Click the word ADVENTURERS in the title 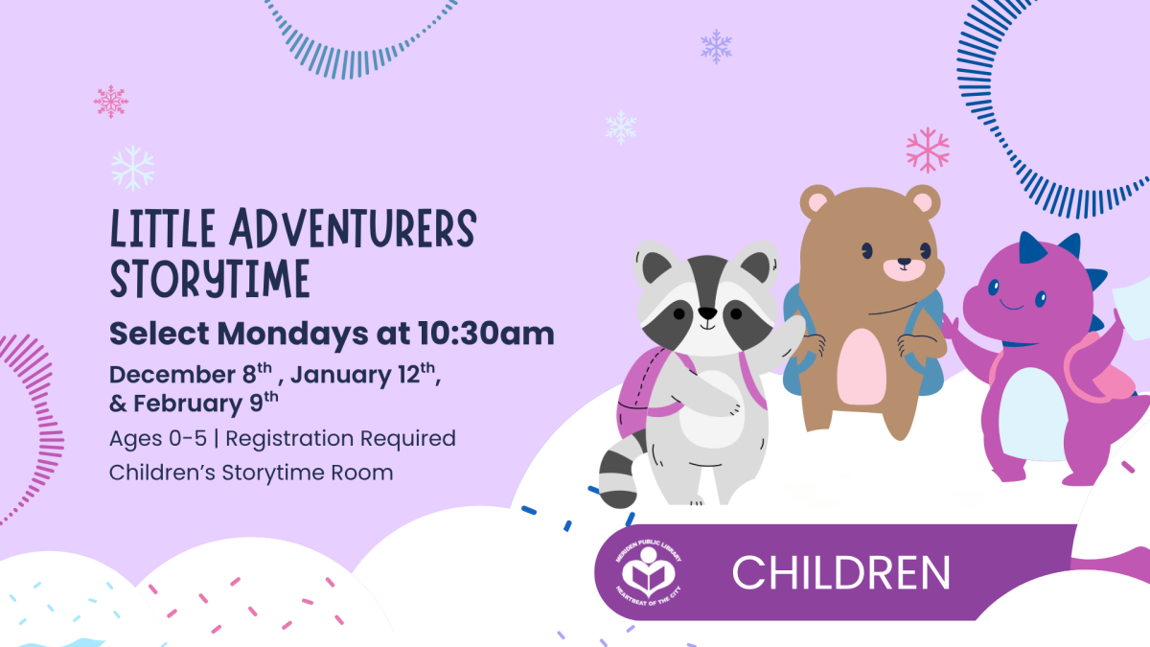click(x=353, y=229)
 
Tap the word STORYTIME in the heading click(x=210, y=279)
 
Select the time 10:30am click(x=486, y=334)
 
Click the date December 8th click(x=191, y=374)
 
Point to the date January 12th click(x=363, y=374)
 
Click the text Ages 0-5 click(x=157, y=439)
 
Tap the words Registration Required click(x=340, y=439)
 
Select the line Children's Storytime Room click(x=251, y=473)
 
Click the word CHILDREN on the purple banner click(x=841, y=572)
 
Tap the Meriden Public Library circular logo click(x=649, y=572)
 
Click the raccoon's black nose click(x=707, y=312)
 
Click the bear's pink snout click(x=904, y=269)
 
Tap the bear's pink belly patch click(x=862, y=366)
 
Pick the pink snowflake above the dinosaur click(x=928, y=150)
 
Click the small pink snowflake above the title click(x=111, y=102)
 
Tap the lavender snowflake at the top click(x=716, y=47)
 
